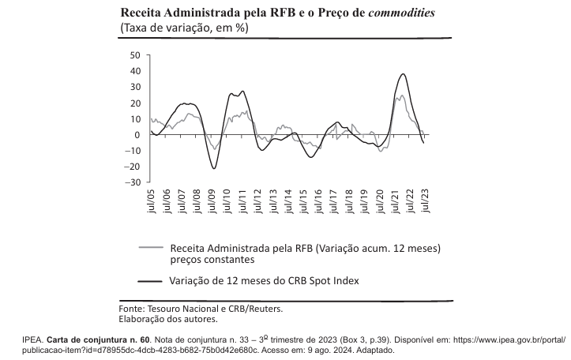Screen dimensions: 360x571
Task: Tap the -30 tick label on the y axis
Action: [132, 182]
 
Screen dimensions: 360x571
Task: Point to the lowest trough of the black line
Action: [213, 168]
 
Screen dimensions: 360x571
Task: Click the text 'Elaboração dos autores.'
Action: [167, 319]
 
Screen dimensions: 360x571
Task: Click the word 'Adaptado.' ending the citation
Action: [372, 349]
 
